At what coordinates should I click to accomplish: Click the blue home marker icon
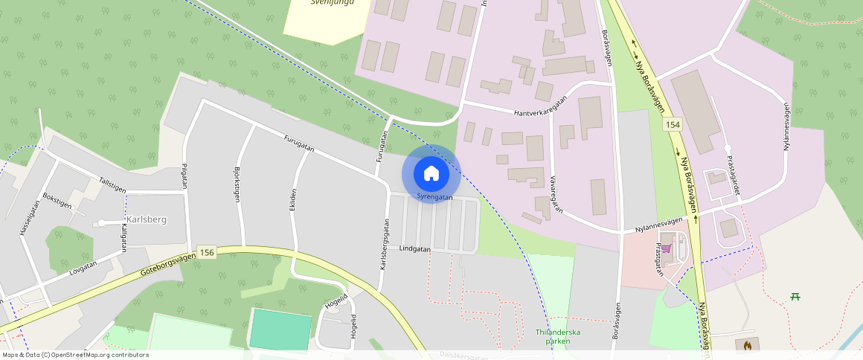(431, 173)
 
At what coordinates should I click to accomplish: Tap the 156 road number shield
(207, 253)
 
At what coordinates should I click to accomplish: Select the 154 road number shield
(673, 124)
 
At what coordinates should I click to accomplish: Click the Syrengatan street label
(434, 197)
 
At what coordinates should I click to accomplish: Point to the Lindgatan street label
(415, 248)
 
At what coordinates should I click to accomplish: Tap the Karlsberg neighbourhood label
(147, 219)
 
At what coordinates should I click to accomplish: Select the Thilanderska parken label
(557, 336)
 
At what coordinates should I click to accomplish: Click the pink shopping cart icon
(666, 248)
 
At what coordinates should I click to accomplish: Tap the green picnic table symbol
(795, 297)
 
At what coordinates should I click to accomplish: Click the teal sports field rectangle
(280, 330)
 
